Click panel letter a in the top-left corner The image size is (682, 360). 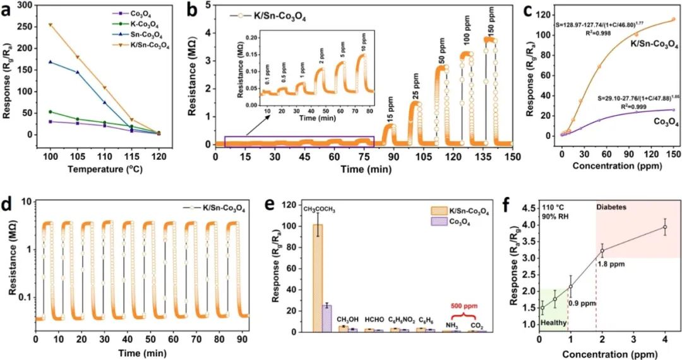point(8,10)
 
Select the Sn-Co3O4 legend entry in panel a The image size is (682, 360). point(145,36)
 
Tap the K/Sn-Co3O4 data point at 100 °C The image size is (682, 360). point(50,25)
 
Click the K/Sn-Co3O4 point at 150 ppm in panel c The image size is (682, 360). point(673,19)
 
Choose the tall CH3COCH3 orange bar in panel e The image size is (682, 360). point(318,278)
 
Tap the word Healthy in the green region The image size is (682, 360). point(553,323)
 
